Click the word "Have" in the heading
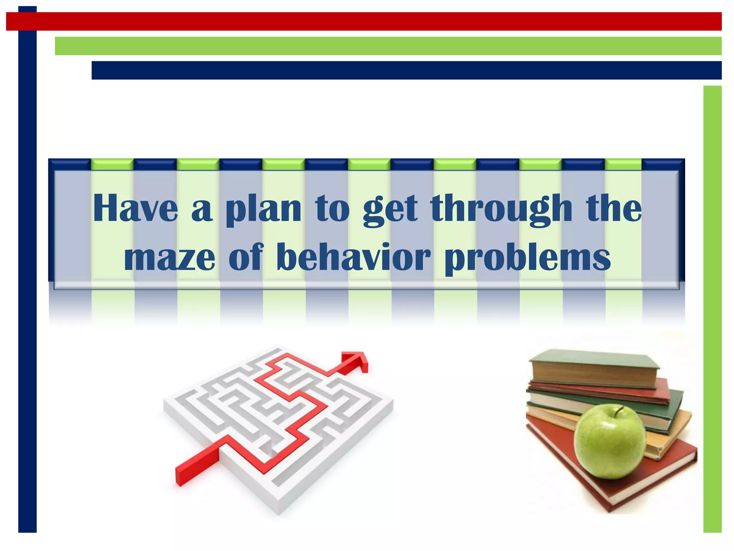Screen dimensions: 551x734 [x=135, y=209]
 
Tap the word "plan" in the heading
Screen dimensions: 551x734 [x=263, y=210]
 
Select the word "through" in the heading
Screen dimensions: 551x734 [x=501, y=210]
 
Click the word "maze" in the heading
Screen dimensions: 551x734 [x=170, y=258]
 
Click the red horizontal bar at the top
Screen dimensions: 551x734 [x=364, y=21]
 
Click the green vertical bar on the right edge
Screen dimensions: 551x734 [x=712, y=309]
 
